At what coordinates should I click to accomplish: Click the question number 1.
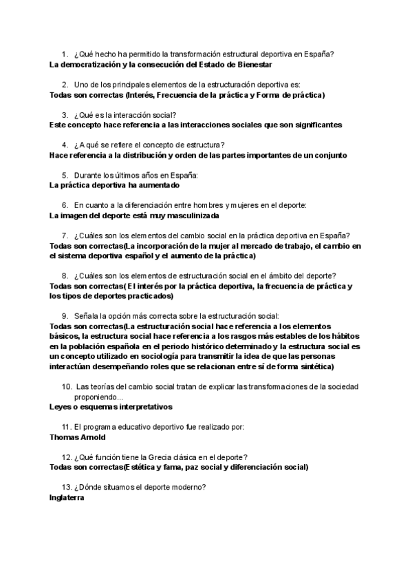63,54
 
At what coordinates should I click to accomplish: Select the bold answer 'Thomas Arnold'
78,437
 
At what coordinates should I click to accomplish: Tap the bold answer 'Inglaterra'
67,498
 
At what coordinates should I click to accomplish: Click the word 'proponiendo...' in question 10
99,397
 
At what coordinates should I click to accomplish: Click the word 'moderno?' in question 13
187,488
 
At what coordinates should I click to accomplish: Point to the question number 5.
63,175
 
